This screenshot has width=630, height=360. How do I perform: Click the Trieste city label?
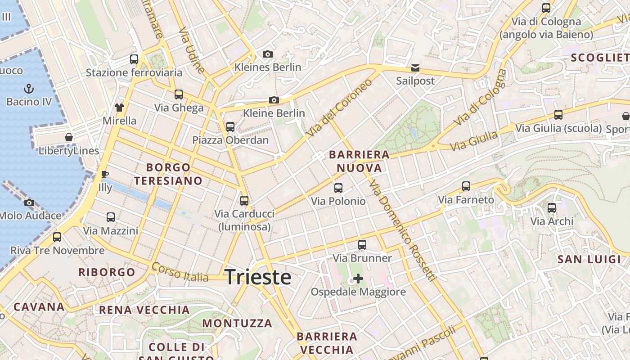[258, 277]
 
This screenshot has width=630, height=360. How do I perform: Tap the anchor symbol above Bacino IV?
[29, 88]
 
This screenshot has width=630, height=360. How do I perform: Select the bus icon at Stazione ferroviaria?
[134, 59]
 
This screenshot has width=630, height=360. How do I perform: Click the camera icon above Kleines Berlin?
[268, 54]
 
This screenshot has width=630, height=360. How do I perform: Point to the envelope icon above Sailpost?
[415, 68]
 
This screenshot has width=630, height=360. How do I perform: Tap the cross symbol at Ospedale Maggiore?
[358, 279]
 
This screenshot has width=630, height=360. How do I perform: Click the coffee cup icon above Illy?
[105, 174]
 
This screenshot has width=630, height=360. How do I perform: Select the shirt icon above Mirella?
[119, 107]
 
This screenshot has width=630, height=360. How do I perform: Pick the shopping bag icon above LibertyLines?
[69, 137]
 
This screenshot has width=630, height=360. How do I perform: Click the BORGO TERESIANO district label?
[168, 174]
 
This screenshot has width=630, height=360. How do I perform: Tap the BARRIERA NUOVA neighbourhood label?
[359, 161]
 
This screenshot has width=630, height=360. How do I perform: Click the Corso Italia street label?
[180, 272]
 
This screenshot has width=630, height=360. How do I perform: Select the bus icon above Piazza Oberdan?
[230, 126]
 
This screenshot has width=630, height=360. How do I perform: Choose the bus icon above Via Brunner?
[362, 245]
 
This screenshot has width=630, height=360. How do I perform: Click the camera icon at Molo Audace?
[29, 202]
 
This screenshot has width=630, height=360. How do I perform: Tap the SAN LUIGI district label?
[589, 259]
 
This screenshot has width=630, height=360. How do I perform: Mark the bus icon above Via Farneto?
[466, 186]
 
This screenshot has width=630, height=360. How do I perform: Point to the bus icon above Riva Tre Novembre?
[57, 237]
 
